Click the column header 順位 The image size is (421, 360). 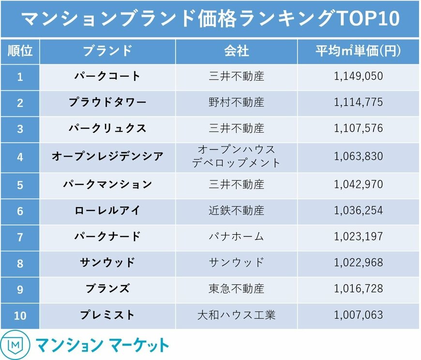click(x=20, y=51)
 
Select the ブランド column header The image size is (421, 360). click(x=107, y=51)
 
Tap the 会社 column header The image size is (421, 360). click(x=236, y=51)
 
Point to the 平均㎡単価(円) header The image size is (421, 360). click(x=358, y=51)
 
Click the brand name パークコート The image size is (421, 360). click(x=107, y=76)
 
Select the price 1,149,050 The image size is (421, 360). click(x=358, y=76)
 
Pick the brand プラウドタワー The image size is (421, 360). click(x=107, y=103)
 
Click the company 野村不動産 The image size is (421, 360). click(x=236, y=103)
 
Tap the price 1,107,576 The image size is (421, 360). click(x=358, y=129)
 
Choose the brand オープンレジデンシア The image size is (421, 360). click(x=107, y=156)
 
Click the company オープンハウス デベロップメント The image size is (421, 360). click(x=236, y=156)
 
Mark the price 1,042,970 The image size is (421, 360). click(x=358, y=184)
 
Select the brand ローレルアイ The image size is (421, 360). click(x=107, y=210)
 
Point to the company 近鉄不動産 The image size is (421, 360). click(x=236, y=210)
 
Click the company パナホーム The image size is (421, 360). click(x=236, y=237)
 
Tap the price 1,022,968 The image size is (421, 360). click(x=358, y=263)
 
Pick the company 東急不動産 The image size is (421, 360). click(x=236, y=289)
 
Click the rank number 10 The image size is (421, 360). click(x=20, y=315)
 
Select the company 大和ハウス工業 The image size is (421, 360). click(x=236, y=315)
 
